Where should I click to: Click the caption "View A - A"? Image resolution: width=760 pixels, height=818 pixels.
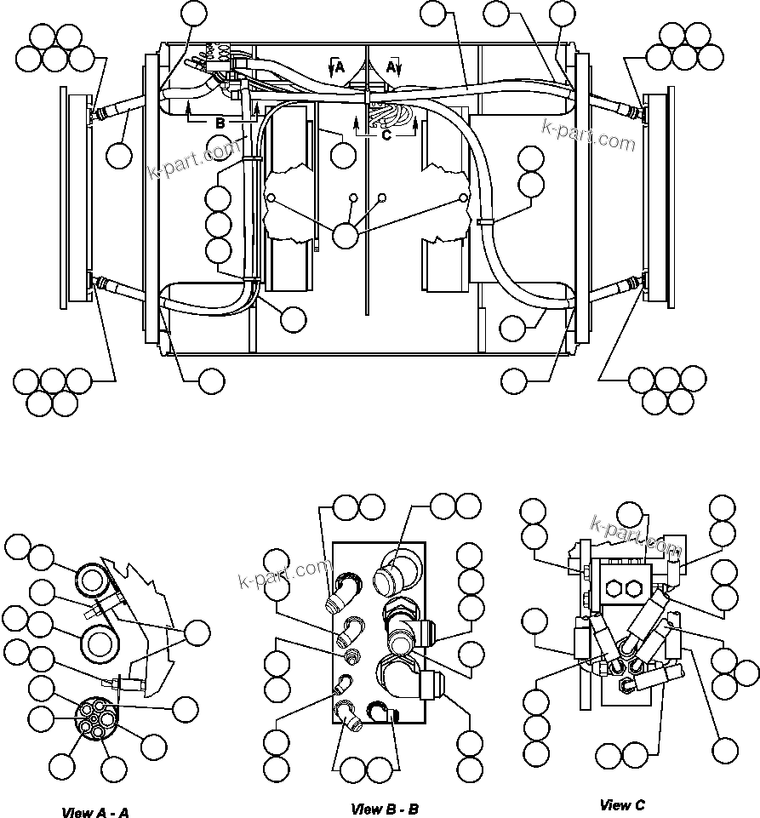tap(95, 812)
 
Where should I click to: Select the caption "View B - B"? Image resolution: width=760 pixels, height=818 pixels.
tap(385, 809)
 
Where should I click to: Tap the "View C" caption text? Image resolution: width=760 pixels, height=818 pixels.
tap(622, 804)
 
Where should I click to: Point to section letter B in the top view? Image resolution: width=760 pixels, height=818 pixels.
tap(220, 123)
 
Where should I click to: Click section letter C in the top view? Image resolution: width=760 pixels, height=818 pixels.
tap(386, 134)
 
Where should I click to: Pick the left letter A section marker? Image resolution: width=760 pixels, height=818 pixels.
tap(339, 67)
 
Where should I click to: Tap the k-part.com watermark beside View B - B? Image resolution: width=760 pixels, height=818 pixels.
tap(283, 576)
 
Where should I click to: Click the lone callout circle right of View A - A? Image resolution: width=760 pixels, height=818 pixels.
tap(197, 632)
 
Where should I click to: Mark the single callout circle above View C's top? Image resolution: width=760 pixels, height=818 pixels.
tap(630, 514)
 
